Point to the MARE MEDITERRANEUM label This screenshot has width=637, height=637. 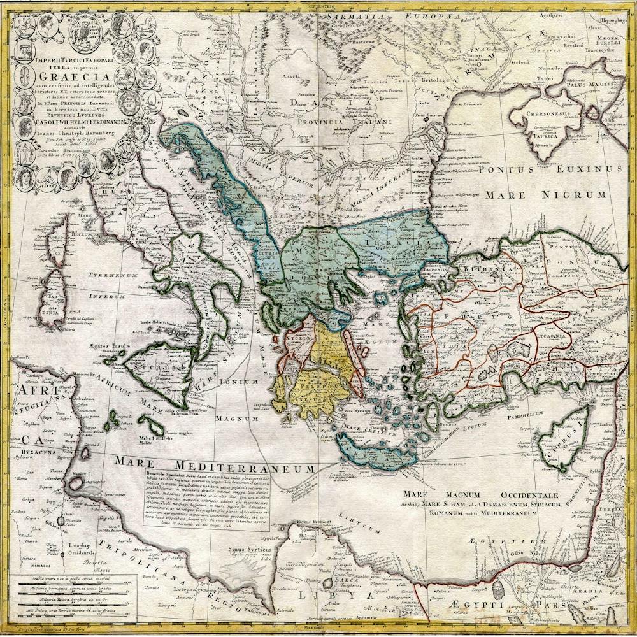(215, 462)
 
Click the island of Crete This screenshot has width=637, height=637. (376, 454)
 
